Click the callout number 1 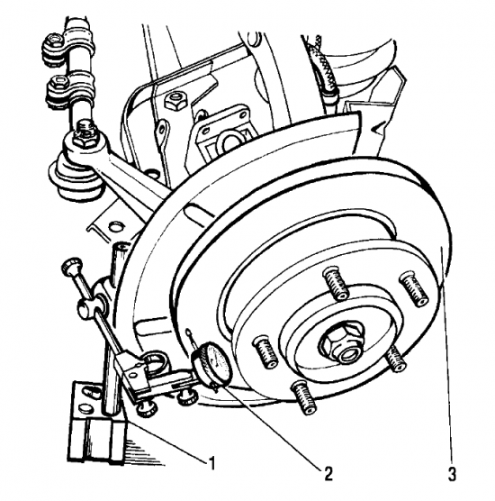point(211,463)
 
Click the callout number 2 point(328,473)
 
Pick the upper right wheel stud point(414,288)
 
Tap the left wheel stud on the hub point(265,351)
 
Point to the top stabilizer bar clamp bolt point(53,41)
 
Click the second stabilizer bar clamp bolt point(59,84)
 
